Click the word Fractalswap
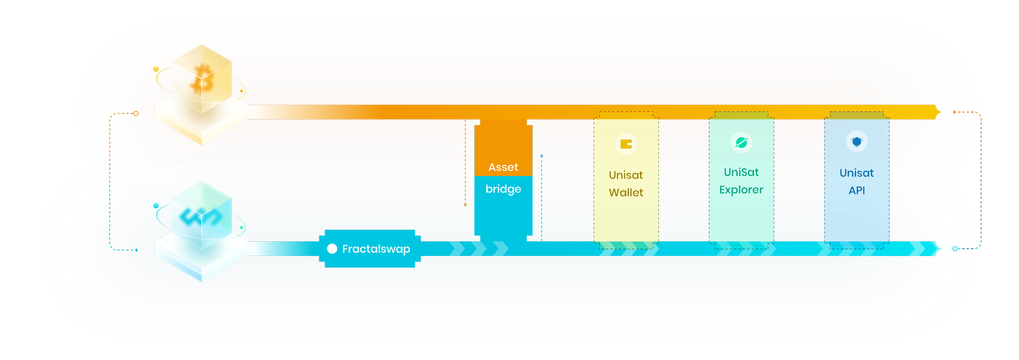click(376, 249)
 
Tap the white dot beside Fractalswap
click(332, 249)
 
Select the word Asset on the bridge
click(503, 167)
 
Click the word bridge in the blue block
click(503, 189)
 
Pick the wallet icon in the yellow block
click(626, 144)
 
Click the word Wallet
click(626, 193)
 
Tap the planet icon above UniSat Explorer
click(741, 143)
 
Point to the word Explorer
click(741, 190)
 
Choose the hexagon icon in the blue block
click(857, 141)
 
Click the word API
click(857, 191)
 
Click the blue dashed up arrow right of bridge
click(541, 157)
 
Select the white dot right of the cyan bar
click(955, 249)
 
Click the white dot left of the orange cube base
click(136, 113)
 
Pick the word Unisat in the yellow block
click(626, 175)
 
